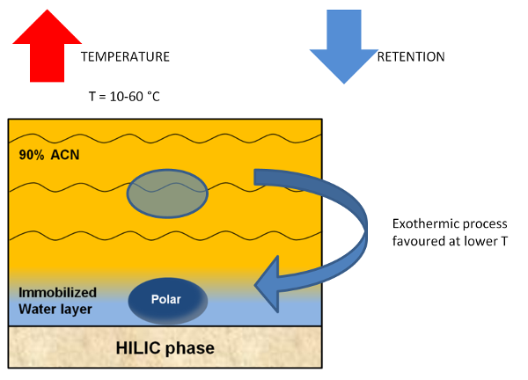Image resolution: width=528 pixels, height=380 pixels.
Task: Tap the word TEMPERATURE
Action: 125,56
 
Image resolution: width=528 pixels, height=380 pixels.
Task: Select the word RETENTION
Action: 411,56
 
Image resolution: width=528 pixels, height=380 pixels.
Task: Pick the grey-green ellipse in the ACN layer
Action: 167,194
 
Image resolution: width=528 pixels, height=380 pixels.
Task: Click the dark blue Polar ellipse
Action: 167,300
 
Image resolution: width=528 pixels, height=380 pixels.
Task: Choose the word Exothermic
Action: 416,223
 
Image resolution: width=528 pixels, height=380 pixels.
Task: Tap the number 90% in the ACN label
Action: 32,156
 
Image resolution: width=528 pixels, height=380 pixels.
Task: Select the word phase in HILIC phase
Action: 191,348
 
